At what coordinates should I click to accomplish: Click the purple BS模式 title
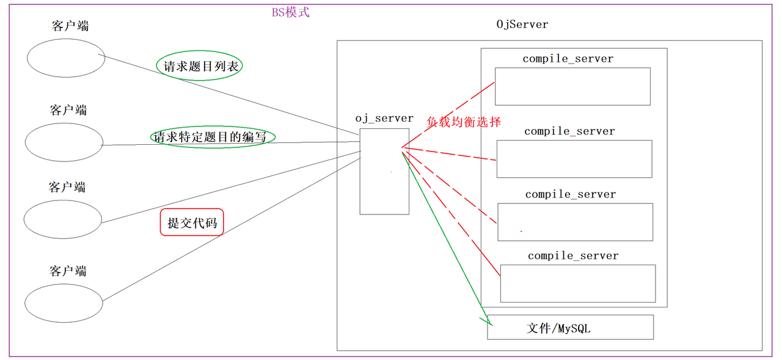coord(291,12)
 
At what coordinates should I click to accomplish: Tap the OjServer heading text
coord(522,24)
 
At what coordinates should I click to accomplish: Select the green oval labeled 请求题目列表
coord(200,66)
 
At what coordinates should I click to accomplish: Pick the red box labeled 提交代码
coord(192,223)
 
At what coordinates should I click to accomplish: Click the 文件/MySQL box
coord(570,328)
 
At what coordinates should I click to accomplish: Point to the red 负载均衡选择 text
coord(464,122)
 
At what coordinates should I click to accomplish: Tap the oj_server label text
coord(384,118)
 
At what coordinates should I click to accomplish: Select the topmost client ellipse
coord(66,59)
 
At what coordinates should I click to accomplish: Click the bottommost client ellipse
coord(64,304)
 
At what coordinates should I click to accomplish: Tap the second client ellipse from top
coord(64,142)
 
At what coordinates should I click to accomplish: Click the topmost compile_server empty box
coord(572,86)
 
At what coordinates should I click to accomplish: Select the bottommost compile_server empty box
coord(577,284)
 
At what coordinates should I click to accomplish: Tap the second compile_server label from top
coord(569,131)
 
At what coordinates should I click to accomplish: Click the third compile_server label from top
coord(571,194)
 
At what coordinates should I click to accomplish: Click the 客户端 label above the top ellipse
coord(70,26)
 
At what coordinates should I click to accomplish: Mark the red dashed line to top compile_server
coord(449,114)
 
